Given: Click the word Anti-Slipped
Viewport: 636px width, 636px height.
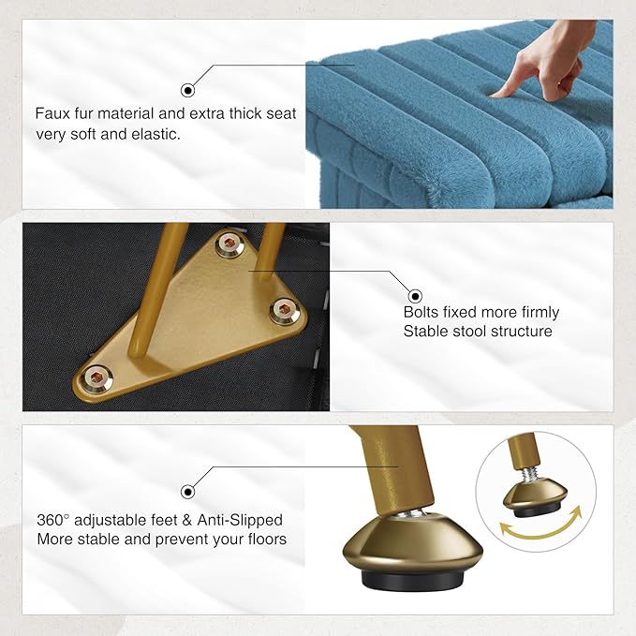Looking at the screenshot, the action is [240, 520].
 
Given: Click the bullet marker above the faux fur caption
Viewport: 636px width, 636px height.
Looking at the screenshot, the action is [187, 91].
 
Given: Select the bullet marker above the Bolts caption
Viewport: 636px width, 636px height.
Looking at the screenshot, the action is [415, 297].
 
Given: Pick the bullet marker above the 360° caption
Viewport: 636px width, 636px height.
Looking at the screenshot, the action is [187, 492].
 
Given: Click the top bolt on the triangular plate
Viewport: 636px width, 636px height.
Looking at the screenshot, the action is [229, 244].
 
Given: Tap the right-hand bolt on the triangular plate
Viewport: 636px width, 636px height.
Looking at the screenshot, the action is [285, 311].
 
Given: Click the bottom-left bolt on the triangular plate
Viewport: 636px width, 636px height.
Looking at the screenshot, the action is [96, 378].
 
